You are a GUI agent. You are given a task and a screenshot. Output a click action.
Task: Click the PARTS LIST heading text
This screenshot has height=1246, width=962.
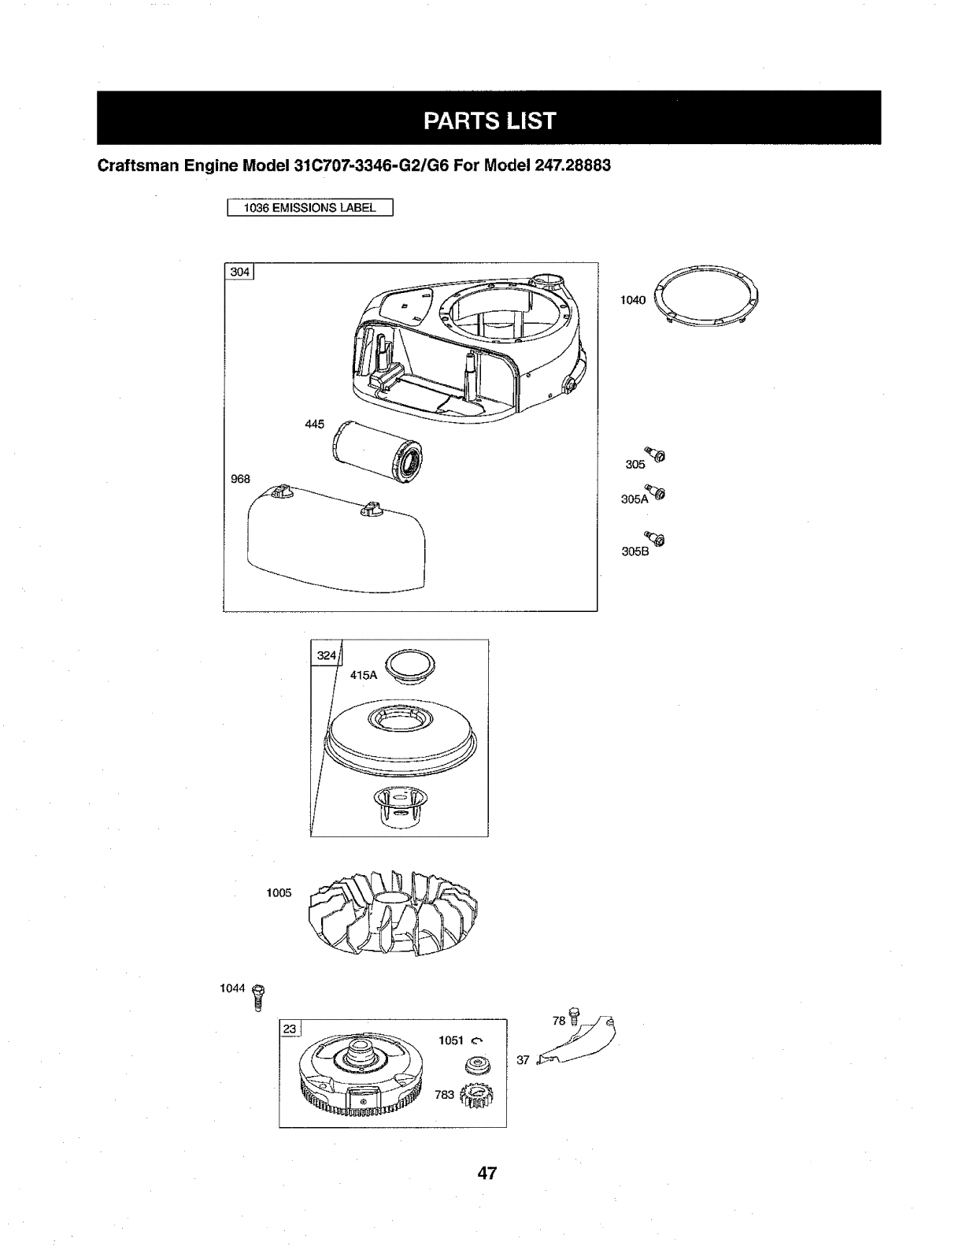click(x=488, y=121)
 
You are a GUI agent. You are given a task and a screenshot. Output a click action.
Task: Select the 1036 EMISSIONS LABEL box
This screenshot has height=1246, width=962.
click(x=309, y=208)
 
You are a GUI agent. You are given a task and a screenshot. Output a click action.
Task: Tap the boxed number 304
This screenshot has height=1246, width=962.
click(x=239, y=272)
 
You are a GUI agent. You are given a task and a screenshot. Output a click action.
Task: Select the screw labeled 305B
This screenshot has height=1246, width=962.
click(x=656, y=537)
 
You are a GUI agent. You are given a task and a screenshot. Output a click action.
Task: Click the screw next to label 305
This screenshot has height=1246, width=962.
click(x=656, y=454)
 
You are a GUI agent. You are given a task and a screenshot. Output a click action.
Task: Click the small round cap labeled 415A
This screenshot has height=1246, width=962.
click(x=408, y=667)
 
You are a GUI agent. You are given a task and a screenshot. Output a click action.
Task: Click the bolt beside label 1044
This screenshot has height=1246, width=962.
click(x=258, y=996)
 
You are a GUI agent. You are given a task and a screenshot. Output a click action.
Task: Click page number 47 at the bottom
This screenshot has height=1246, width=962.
click(x=487, y=1173)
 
